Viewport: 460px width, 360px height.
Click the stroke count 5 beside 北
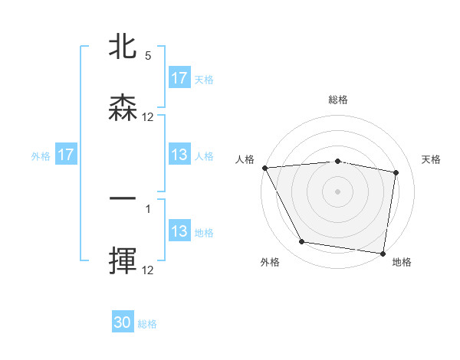pos(148,56)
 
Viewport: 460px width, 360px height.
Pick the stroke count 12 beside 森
pos(148,117)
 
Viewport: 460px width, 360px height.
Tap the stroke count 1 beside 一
pos(148,208)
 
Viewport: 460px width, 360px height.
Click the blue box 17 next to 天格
pos(179,78)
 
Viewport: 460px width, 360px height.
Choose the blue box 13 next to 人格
pos(179,155)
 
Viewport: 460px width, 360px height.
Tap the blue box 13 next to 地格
pos(179,231)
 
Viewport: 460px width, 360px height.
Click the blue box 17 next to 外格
pos(66,155)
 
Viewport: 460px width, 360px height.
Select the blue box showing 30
pos(123,323)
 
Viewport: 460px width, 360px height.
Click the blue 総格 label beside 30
pos(147,324)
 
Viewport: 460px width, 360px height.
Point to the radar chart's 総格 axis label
pos(338,100)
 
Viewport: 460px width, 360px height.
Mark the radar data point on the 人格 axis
pos(264,168)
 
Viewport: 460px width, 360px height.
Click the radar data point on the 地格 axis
pos(383,253)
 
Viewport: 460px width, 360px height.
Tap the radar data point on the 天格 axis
pos(396,172)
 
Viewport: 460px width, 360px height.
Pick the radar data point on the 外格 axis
pos(302,242)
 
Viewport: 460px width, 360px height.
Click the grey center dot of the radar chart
pos(338,191)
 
